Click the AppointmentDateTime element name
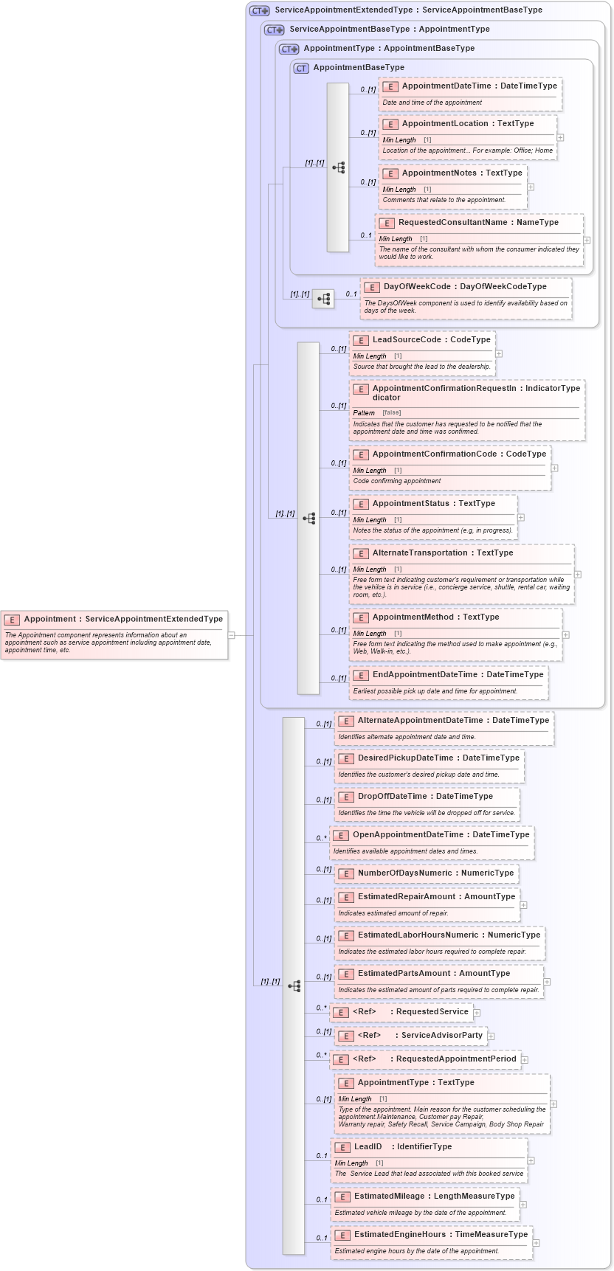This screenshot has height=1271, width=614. pos(446,86)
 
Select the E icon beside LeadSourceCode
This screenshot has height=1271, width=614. pos(361,340)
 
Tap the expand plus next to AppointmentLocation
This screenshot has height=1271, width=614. pos(561,137)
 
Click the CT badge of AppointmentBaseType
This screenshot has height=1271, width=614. pos(301,68)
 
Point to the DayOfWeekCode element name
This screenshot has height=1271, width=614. pos(417,287)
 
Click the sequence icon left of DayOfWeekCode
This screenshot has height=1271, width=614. pos(323,299)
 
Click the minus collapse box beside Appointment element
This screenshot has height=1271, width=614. pos(232,634)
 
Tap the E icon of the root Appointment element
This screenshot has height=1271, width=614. pos(12,620)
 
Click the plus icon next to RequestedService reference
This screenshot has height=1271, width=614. pos(477,1013)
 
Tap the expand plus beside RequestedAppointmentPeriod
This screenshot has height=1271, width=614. pos(525,1060)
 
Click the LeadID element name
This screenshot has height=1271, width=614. pos(368,1147)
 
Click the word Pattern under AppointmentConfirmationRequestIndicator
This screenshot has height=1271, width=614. pos(364,413)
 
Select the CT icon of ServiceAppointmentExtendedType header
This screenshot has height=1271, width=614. pos(260,10)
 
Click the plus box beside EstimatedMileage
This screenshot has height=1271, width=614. pos(523,1205)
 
